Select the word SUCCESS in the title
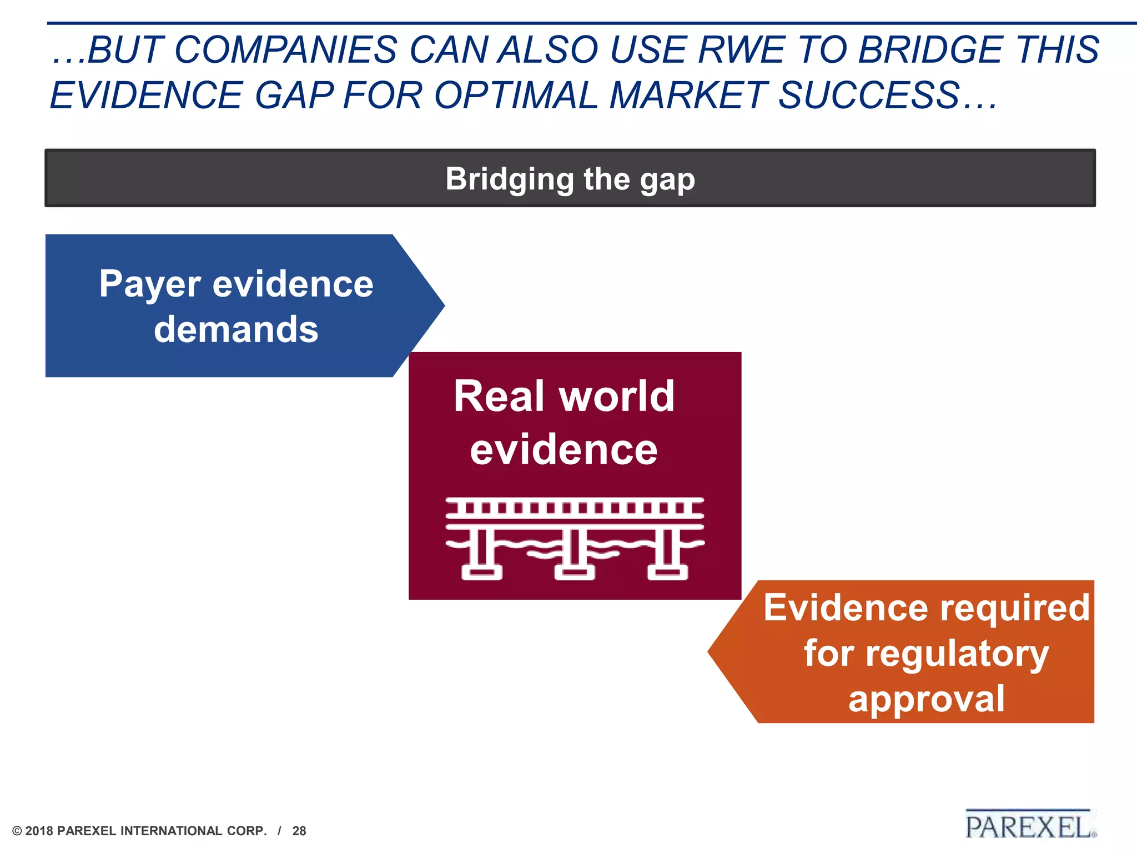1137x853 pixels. (869, 96)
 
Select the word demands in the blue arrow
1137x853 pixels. (236, 330)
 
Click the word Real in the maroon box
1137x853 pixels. (499, 397)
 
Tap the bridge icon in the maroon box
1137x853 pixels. (575, 538)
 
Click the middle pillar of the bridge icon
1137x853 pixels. (575, 553)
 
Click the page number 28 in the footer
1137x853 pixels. (299, 831)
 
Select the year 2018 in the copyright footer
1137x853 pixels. (39, 831)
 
